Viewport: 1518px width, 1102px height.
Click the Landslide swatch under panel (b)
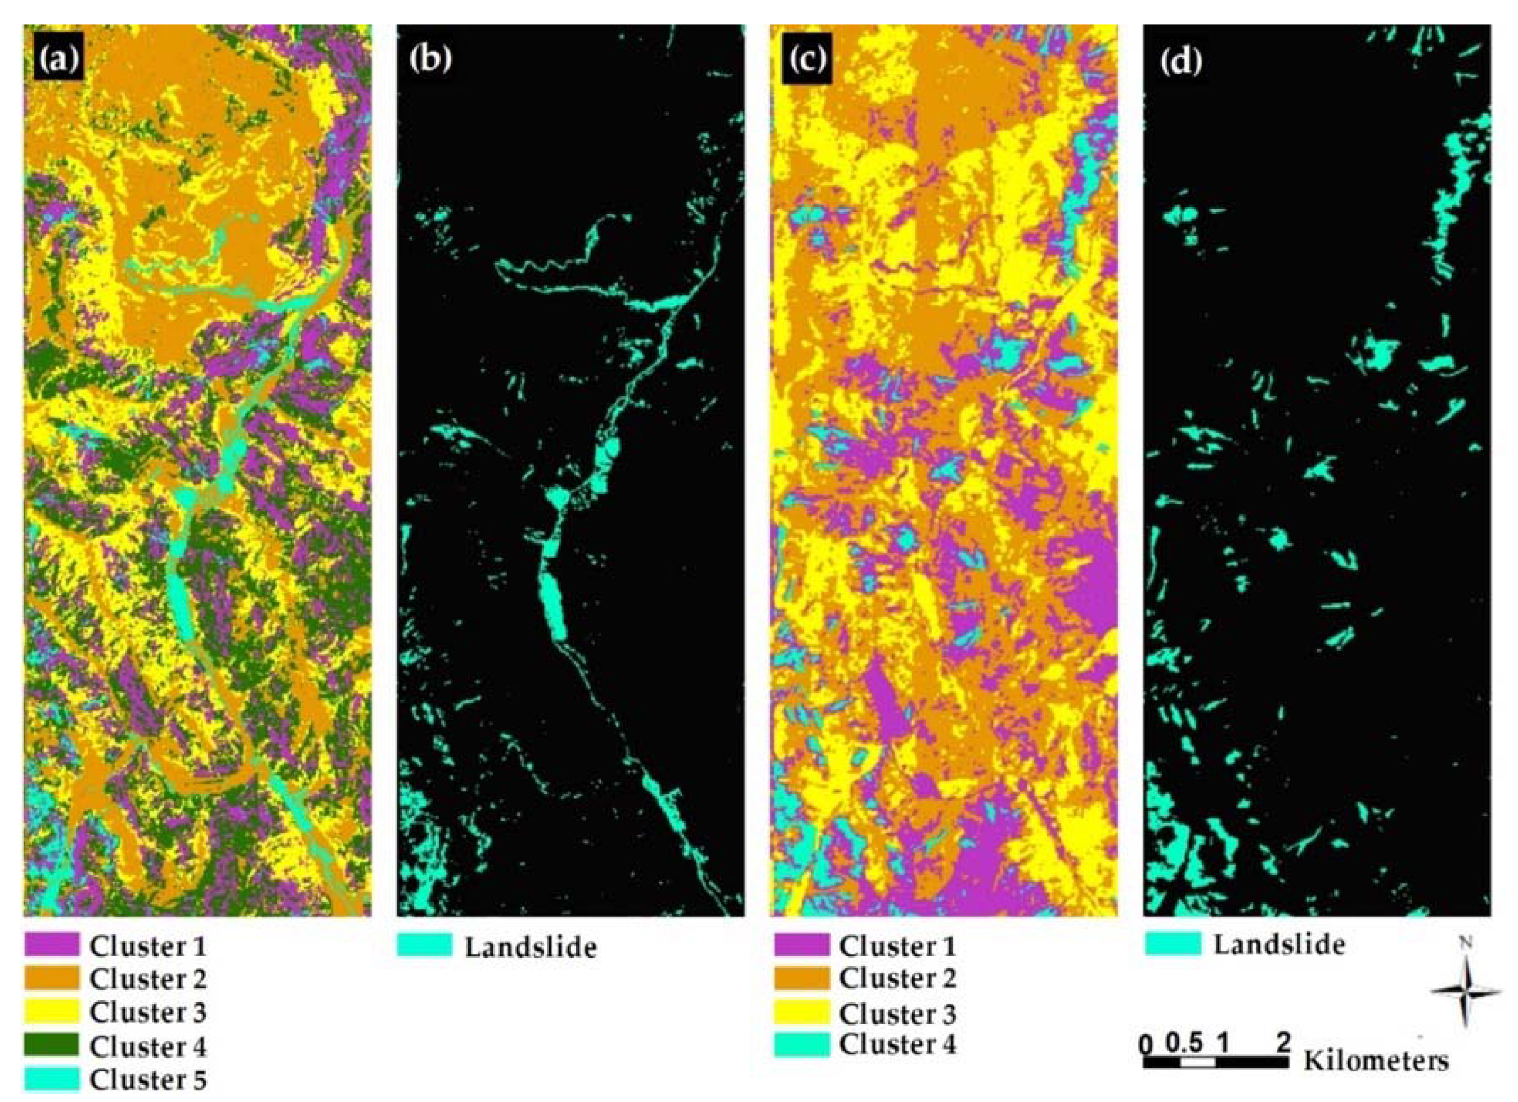click(424, 945)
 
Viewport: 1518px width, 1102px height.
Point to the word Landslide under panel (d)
click(1279, 944)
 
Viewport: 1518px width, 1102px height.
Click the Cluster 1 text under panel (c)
click(897, 945)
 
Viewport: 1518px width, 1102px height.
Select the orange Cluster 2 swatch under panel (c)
click(801, 978)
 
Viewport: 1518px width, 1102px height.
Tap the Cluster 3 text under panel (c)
click(897, 1014)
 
